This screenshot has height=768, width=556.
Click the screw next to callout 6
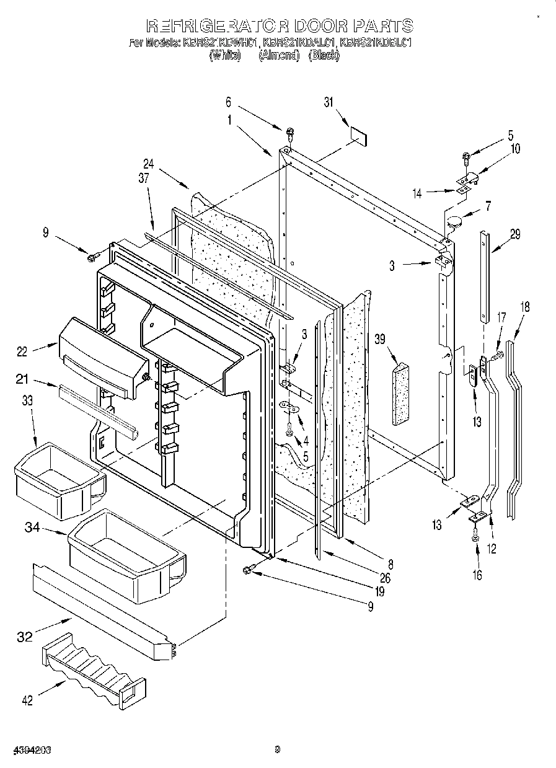[x=289, y=132]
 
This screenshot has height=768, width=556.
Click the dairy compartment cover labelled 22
[x=102, y=356]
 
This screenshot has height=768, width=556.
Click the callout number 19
[x=379, y=591]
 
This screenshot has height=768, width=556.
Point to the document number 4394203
[x=26, y=750]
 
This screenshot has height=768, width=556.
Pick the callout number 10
[x=514, y=149]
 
